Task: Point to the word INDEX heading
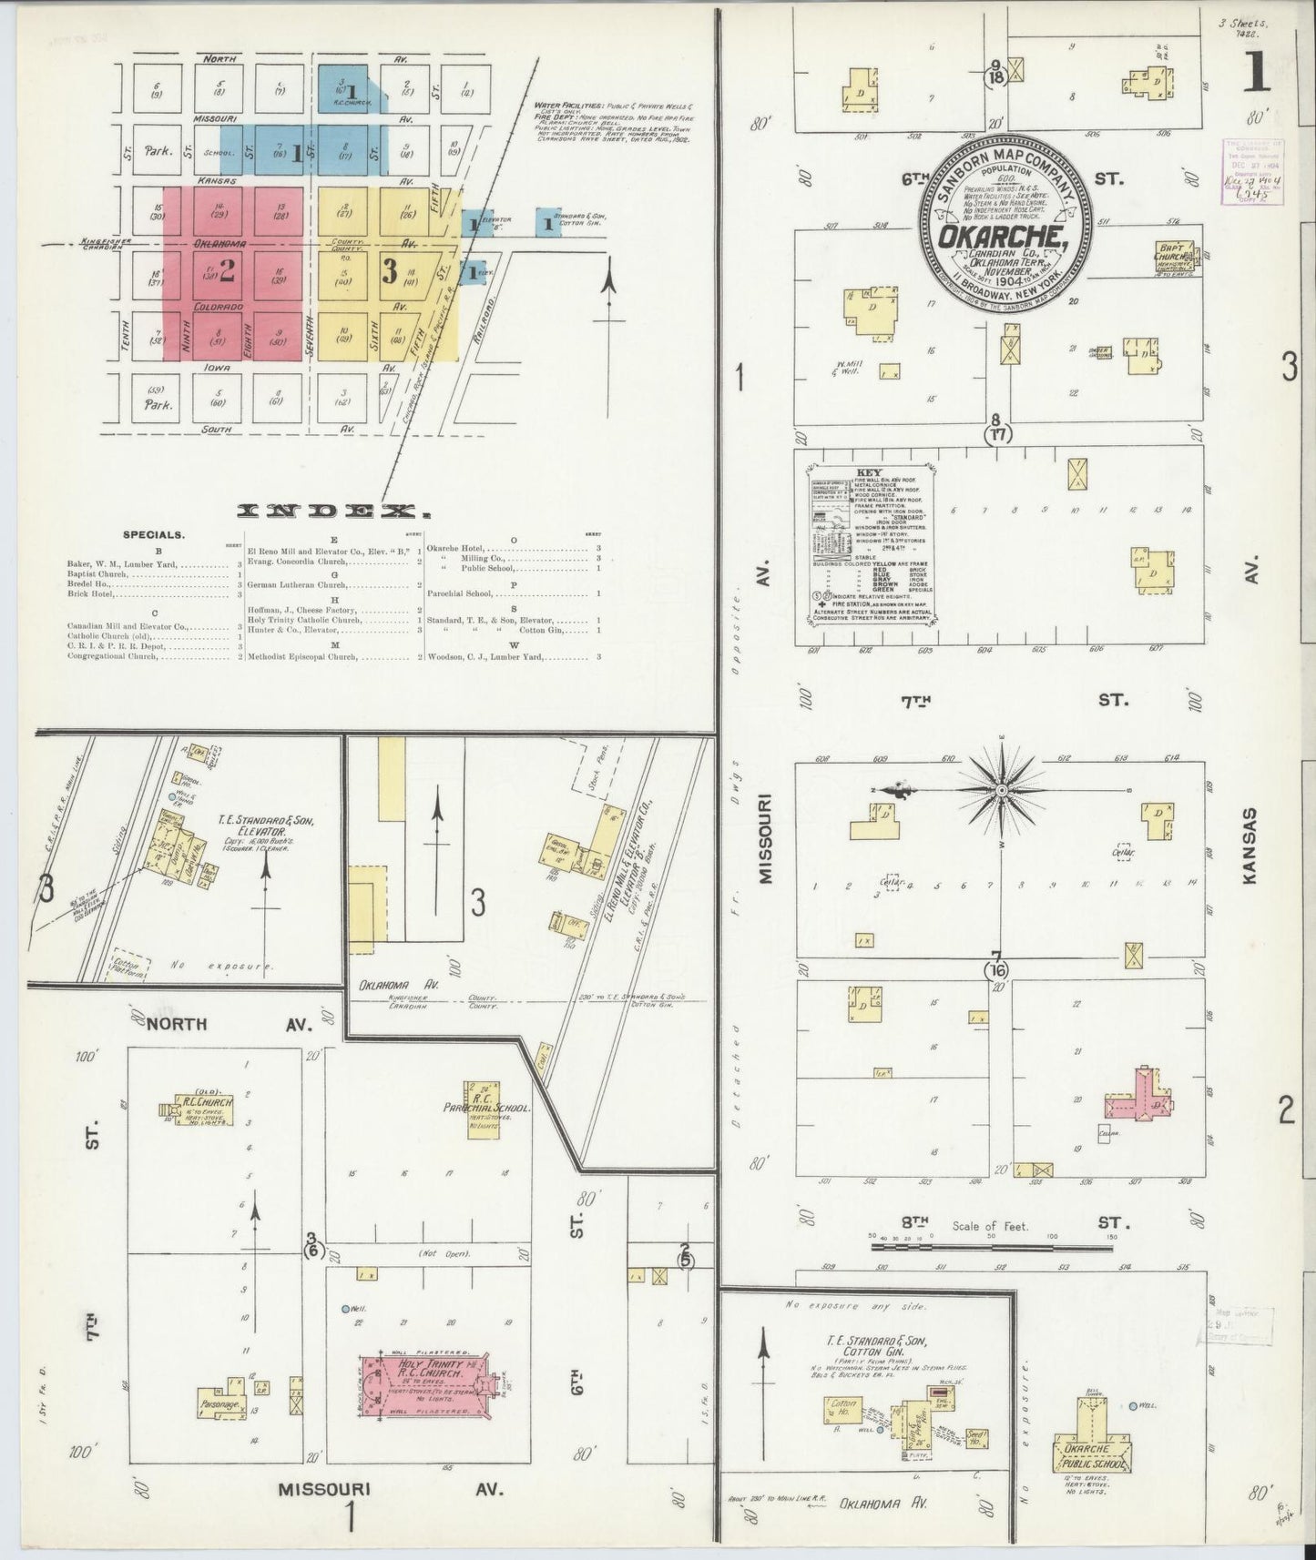[x=328, y=512]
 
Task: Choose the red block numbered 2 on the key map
[x=226, y=271]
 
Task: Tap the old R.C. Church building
[x=202, y=1110]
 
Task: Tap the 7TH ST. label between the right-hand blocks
[x=1002, y=700]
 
